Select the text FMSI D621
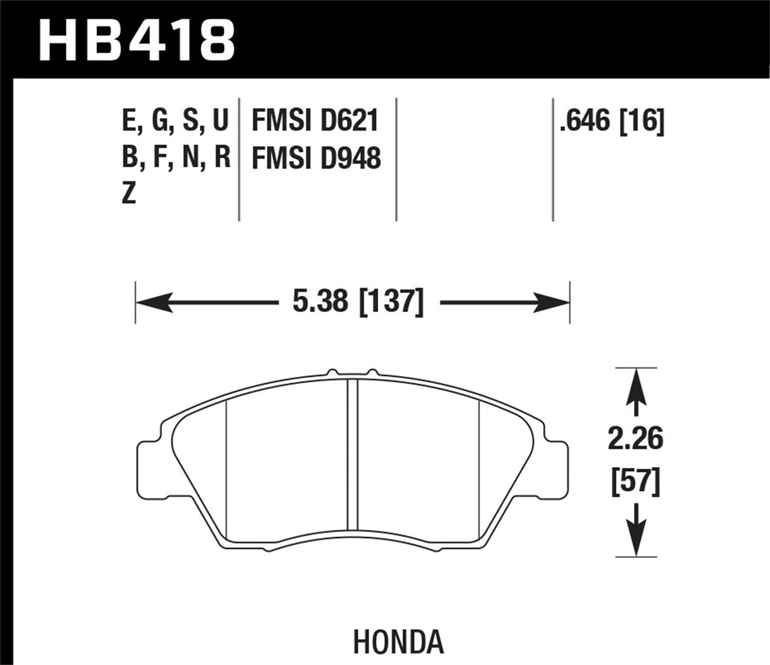tap(315, 120)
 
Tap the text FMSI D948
tap(316, 158)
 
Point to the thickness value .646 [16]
tap(611, 120)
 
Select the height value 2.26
tap(636, 439)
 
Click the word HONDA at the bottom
tap(398, 642)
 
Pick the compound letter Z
tap(129, 195)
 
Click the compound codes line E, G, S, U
tap(174, 120)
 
